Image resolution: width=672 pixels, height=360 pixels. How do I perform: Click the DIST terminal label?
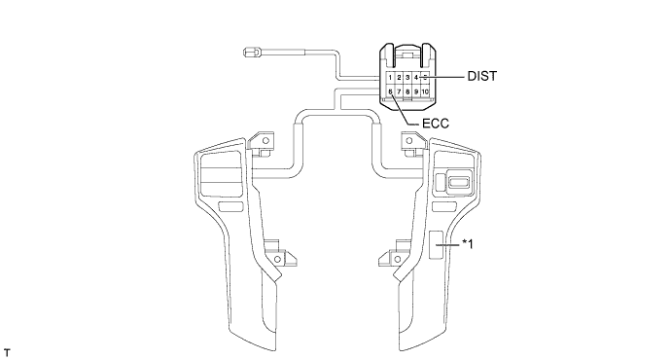[481, 76]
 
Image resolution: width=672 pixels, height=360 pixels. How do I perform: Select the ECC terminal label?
[436, 124]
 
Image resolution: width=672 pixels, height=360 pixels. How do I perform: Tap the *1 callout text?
[468, 244]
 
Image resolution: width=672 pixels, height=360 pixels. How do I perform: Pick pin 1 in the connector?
[390, 78]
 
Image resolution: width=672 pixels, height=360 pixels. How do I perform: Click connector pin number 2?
[399, 78]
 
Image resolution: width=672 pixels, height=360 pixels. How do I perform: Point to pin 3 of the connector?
[407, 78]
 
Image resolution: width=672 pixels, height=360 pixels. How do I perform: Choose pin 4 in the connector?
[416, 78]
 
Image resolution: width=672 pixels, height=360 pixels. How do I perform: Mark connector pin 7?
[399, 91]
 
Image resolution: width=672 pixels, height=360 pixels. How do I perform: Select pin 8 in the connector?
[407, 91]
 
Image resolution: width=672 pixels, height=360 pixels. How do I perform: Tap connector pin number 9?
[416, 91]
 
